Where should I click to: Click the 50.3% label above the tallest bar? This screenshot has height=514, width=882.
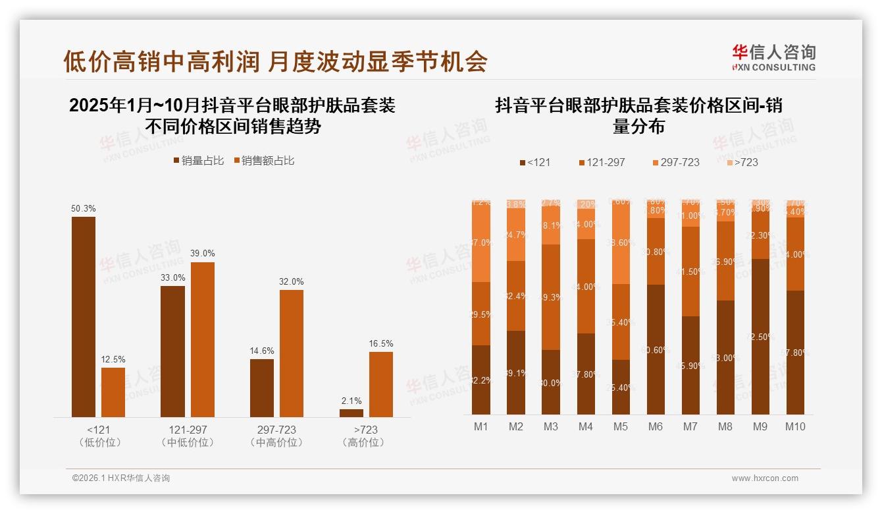(84, 209)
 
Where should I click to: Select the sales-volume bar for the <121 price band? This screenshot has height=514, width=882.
(84, 316)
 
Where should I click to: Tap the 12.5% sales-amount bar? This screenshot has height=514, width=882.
(113, 392)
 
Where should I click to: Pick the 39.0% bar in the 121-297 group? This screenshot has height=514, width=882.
(203, 339)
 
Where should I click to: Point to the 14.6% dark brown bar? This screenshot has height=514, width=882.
(262, 387)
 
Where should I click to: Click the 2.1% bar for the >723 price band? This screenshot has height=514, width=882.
(351, 413)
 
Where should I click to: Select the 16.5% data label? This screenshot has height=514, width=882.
(381, 344)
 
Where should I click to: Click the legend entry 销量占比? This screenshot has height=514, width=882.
(198, 161)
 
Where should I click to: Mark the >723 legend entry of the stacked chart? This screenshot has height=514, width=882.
(742, 162)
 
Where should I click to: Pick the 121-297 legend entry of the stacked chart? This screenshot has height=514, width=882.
(601, 162)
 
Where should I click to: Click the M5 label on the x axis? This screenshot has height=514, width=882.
(621, 427)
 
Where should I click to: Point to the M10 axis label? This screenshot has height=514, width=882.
(795, 427)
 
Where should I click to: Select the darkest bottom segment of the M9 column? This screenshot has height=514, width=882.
(760, 336)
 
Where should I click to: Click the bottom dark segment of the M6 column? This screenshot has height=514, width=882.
(656, 349)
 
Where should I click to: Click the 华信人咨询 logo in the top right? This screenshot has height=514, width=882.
(774, 57)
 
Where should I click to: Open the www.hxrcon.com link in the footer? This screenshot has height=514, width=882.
(765, 478)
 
